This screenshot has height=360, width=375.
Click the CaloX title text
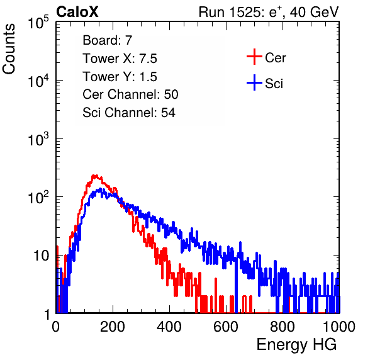coord(77,12)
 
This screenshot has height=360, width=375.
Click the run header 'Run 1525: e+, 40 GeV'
coord(269,12)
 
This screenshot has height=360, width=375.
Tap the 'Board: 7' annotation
coord(108,40)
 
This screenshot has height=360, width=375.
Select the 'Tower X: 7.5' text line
coord(120,59)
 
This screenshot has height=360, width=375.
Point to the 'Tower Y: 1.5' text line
coord(120,77)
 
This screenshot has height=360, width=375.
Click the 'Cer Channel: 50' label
coord(130,94)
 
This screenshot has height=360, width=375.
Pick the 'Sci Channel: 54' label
coord(129,113)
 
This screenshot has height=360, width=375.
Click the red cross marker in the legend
coord(254,57)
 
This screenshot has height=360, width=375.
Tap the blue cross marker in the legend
coord(254,82)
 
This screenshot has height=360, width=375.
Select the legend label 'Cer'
coord(275,58)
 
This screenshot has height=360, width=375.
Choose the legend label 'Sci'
coord(274,84)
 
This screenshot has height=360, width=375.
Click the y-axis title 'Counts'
coord(9,49)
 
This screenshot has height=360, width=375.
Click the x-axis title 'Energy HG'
coord(296,345)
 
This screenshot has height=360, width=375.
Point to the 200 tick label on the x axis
coord(113,327)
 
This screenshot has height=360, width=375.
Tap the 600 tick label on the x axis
coord(226,327)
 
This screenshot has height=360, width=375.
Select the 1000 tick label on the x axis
coord(339,327)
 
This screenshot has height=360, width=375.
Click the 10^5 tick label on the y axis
coord(38,23)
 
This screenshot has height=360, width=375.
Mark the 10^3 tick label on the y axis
coord(38,139)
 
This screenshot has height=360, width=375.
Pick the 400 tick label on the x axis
coord(169,327)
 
